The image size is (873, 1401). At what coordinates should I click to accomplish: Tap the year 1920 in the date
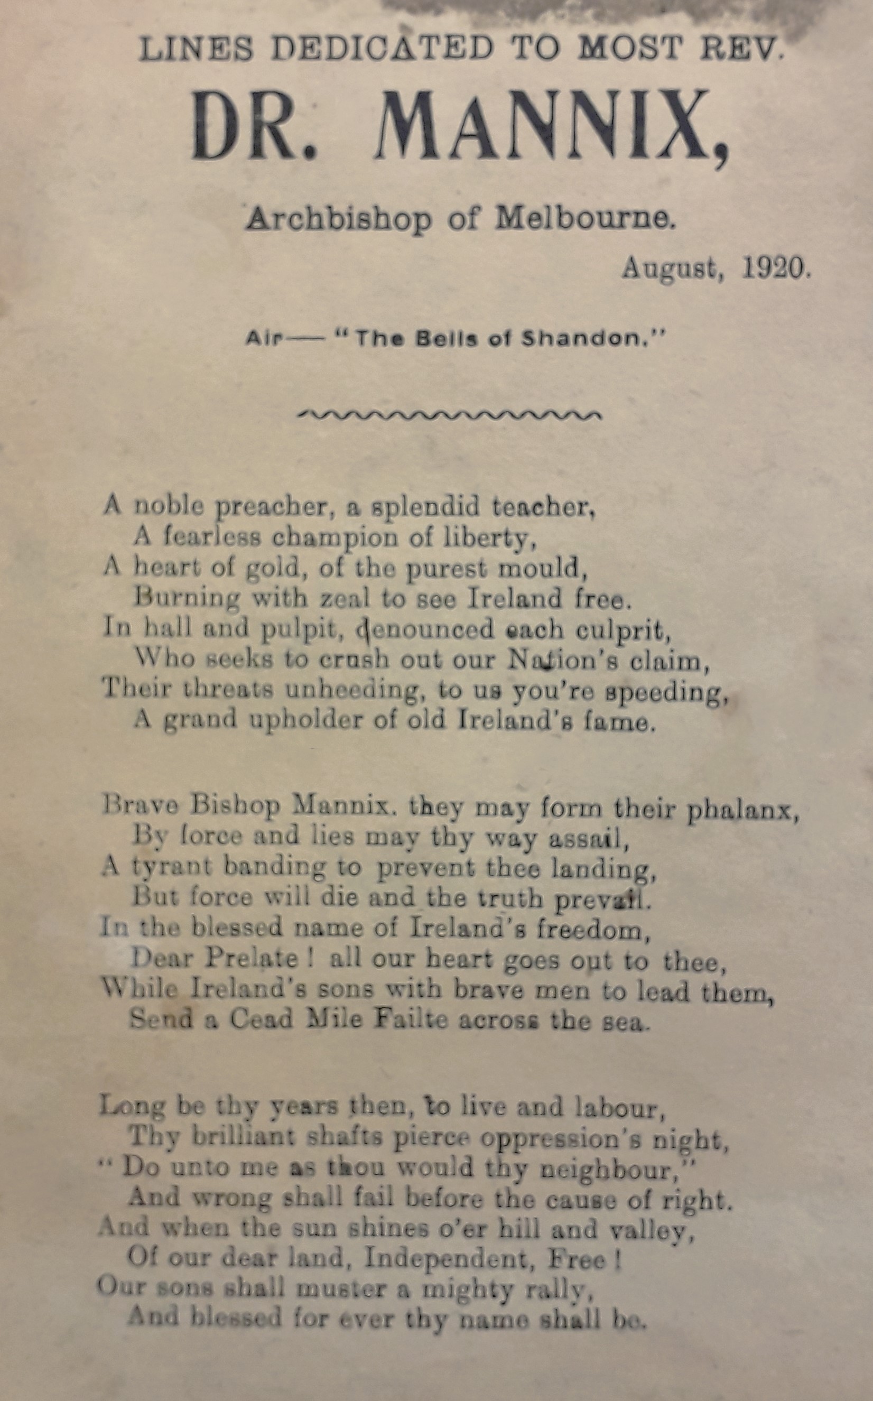coord(776,268)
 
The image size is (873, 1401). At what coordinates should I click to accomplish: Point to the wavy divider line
coord(449,414)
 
